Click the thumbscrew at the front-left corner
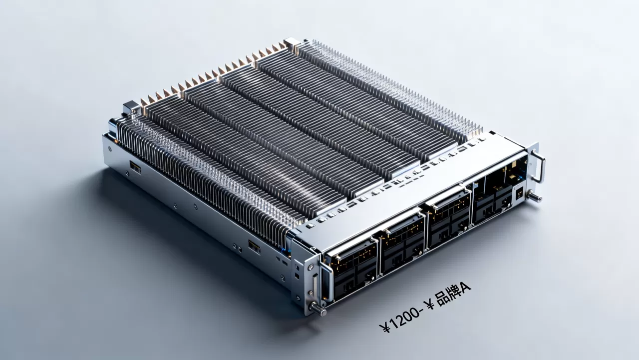click(318, 309)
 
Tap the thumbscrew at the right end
click(534, 196)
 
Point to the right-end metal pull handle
click(538, 167)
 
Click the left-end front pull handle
click(326, 281)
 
